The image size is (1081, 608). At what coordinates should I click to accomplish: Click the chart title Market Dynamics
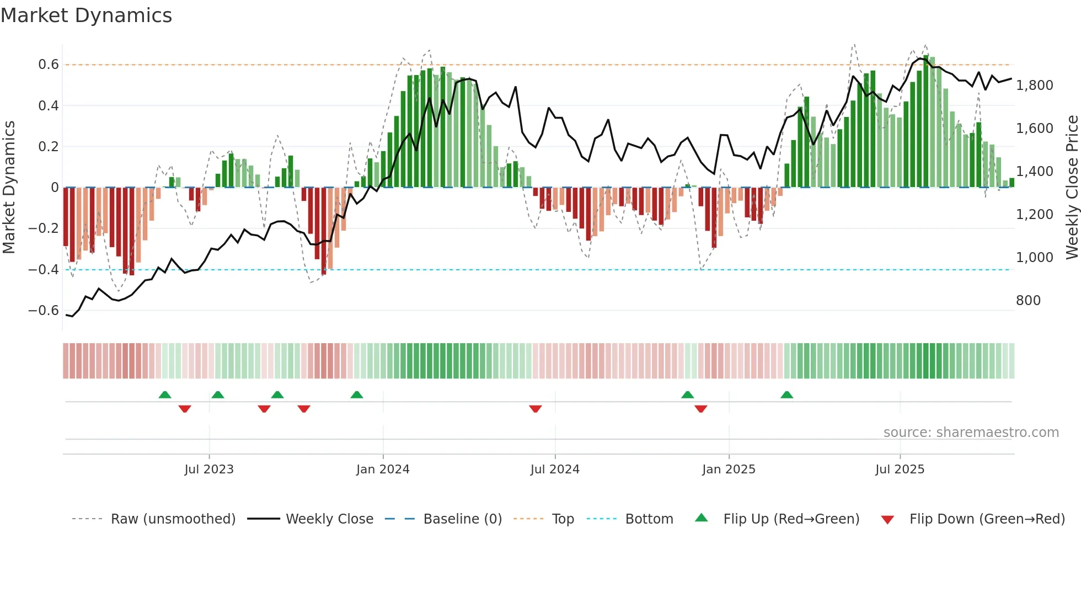[x=86, y=15]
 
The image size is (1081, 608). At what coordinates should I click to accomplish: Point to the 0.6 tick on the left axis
[x=49, y=65]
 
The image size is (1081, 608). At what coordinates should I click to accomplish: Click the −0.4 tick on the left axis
[x=44, y=270]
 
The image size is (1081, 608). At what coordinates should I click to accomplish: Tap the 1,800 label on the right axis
[x=1034, y=86]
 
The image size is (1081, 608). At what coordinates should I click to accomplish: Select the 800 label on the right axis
[x=1028, y=301]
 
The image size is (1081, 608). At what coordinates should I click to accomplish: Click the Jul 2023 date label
[x=209, y=470]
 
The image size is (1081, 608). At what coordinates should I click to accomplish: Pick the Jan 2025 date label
[x=729, y=470]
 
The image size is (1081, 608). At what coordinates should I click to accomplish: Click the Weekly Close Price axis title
[x=1072, y=187]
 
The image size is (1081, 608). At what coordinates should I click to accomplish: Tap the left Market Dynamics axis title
[x=9, y=187]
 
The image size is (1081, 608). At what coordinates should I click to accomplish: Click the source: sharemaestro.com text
[x=971, y=433]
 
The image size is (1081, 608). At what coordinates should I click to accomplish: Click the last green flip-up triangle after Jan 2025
[x=787, y=395]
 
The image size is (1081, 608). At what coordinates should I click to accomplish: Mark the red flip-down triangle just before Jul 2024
[x=535, y=409]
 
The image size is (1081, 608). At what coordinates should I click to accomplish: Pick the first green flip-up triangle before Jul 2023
[x=165, y=395]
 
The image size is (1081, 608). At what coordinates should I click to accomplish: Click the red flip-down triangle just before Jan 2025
[x=701, y=409]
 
